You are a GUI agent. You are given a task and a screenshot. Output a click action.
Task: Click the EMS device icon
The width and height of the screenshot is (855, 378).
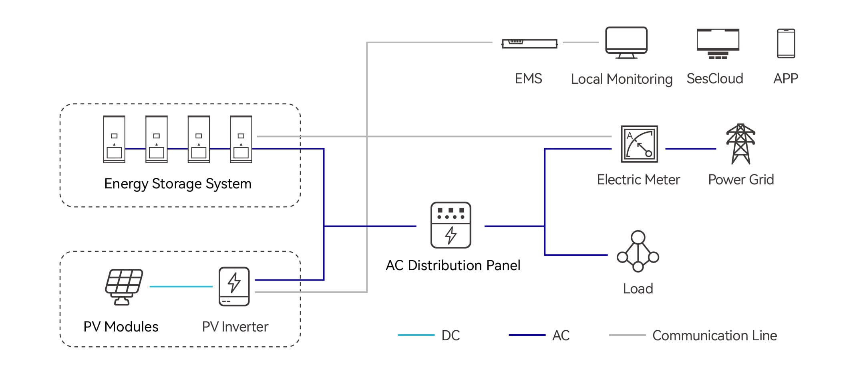point(529,43)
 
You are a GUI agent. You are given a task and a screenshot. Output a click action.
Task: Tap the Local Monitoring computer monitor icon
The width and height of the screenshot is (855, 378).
point(626,42)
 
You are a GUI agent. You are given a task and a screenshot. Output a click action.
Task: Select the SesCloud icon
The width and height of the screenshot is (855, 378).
point(718,43)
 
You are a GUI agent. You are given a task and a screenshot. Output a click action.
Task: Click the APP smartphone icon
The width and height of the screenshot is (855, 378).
point(786,43)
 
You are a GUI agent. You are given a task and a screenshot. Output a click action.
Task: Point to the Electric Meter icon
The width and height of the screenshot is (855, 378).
point(639,144)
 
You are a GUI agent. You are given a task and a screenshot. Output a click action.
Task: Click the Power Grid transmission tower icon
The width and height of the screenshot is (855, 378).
point(740,144)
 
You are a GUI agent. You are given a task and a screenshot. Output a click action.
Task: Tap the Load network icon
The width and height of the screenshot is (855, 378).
point(638,251)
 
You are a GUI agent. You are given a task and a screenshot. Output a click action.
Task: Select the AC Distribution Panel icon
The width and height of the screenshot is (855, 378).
point(451,225)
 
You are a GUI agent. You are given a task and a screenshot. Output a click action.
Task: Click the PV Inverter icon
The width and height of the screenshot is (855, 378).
point(234,287)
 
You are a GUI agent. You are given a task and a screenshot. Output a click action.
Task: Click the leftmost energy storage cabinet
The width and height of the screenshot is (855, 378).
point(114,139)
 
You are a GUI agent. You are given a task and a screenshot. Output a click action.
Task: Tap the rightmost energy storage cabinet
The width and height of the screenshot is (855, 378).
point(241,139)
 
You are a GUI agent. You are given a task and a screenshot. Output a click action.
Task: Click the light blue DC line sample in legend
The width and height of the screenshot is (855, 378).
point(416,335)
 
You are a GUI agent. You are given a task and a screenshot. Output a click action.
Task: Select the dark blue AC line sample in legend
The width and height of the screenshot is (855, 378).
point(527,335)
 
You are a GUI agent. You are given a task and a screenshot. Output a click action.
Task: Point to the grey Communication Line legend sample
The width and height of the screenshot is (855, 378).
point(627,335)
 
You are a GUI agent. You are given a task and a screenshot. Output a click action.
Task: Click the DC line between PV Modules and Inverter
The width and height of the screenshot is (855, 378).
point(181,287)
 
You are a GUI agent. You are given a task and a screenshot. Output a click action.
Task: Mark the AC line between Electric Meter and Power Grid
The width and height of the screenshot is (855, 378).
point(690,149)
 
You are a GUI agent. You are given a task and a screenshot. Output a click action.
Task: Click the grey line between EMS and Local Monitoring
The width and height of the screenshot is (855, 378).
point(580,42)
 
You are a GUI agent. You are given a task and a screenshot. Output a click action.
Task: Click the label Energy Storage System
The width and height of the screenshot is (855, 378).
point(178,184)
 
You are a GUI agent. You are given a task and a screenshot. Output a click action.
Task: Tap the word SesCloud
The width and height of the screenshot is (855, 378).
point(714,79)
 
